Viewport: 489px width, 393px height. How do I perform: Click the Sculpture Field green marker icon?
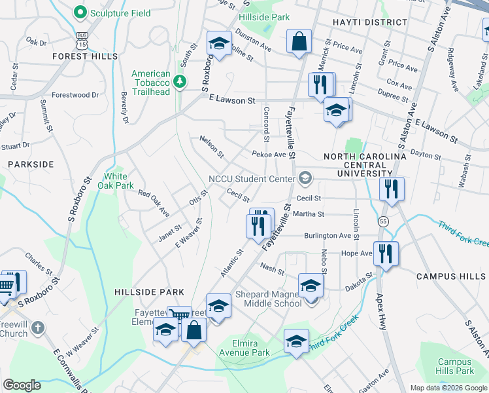tap(80, 12)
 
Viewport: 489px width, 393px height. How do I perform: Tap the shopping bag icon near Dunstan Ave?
tap(299, 42)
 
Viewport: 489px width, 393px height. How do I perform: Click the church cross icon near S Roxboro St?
tap(39, 327)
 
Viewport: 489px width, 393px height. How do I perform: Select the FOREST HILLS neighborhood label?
tap(87, 56)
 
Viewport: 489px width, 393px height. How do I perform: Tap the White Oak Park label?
tap(116, 181)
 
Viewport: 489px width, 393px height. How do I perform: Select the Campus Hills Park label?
tap(455, 366)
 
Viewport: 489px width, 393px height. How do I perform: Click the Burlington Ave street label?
tap(328, 236)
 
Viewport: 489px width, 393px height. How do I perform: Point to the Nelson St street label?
tap(211, 148)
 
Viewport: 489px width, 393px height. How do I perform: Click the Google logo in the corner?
tap(22, 384)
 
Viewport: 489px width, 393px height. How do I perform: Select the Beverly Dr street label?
tap(124, 107)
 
